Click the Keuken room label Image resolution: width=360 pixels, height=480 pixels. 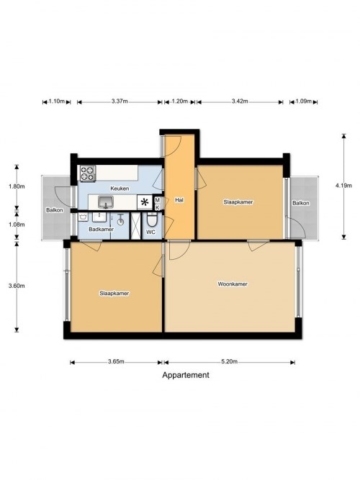click(120, 189)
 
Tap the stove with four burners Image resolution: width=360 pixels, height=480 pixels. click(88, 173)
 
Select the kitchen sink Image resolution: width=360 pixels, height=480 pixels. click(106, 201)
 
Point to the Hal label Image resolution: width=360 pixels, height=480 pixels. click(179, 200)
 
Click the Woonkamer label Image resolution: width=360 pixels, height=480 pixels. click(233, 284)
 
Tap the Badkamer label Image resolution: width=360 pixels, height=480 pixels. click(101, 230)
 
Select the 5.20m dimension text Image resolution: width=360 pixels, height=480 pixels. click(230, 361)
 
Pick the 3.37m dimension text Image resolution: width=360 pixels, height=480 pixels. click(120, 101)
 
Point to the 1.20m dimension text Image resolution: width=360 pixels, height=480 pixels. click(179, 101)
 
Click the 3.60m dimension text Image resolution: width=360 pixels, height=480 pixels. click(17, 286)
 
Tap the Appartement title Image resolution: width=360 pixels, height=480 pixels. click(186, 375)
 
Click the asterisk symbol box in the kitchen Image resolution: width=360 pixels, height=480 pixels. click(145, 202)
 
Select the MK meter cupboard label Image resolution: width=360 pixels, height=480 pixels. click(158, 204)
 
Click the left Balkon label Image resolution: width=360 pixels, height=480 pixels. click(55, 210)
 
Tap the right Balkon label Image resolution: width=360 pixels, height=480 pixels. click(300, 203)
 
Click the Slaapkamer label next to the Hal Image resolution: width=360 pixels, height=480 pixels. click(238, 202)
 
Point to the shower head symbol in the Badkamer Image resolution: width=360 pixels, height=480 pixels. click(121, 219)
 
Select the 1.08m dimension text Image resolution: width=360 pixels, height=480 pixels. click(17, 225)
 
